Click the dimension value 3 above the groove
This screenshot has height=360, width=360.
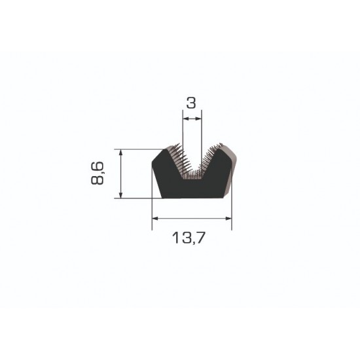coord(191,103)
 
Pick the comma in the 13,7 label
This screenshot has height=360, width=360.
coord(196,243)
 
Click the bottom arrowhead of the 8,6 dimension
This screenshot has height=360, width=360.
coord(121,194)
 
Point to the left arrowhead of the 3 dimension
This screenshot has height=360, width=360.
coord(185,119)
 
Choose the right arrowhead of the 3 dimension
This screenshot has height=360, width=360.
coord(198,119)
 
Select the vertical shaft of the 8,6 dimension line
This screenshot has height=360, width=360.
coord(121,173)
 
